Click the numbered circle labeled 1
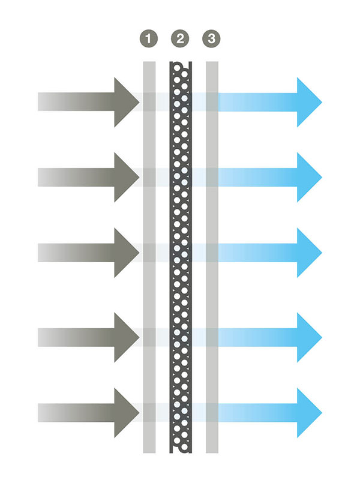tap(149, 38)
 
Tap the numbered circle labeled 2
tap(180, 38)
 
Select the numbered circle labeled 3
tap(212, 38)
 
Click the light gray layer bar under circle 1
tap(149, 257)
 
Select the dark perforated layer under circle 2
tap(181, 257)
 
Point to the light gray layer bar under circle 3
tap(212, 257)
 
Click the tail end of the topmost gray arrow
tap(38, 102)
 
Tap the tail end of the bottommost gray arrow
tap(38, 413)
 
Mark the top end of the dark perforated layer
tap(181, 62)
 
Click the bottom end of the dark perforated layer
tap(181, 452)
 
